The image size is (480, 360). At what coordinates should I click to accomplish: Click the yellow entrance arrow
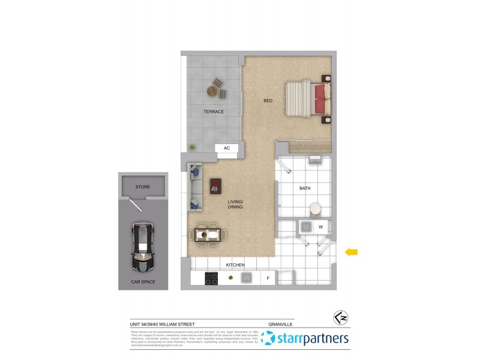pyautogui.click(x=351, y=252)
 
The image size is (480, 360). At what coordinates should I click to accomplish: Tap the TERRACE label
pyautogui.click(x=214, y=112)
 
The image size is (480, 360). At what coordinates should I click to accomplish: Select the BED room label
pyautogui.click(x=268, y=101)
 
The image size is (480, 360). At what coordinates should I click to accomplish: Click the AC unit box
pyautogui.click(x=227, y=148)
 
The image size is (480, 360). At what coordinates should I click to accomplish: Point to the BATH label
pyautogui.click(x=305, y=188)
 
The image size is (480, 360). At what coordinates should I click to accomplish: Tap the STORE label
pyautogui.click(x=142, y=187)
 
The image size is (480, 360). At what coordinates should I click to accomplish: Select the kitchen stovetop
pyautogui.click(x=211, y=278)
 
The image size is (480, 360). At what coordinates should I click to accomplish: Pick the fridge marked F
pyautogui.click(x=268, y=278)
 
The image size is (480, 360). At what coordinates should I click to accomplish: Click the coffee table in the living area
pyautogui.click(x=215, y=187)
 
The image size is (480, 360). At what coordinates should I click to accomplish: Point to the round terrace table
pyautogui.click(x=212, y=91)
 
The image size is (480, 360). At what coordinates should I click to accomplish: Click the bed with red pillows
pyautogui.click(x=307, y=98)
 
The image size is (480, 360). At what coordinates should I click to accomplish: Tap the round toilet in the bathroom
pyautogui.click(x=315, y=209)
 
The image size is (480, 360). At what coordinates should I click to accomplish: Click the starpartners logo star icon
pyautogui.click(x=268, y=339)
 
